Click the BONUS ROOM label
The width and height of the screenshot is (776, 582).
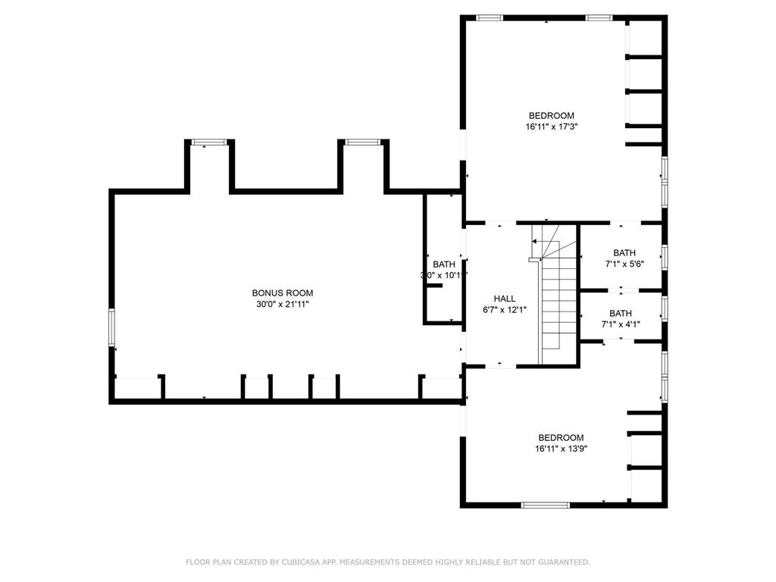click(282, 293)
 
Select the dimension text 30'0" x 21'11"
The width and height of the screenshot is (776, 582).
click(282, 304)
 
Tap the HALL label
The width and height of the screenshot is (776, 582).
click(505, 299)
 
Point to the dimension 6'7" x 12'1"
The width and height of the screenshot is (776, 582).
click(505, 309)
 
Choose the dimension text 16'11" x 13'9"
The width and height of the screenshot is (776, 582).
click(561, 449)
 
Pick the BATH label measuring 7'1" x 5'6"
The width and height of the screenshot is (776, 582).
click(624, 253)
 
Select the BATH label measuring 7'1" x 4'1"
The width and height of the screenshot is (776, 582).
click(620, 314)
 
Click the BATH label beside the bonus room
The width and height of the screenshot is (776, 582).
click(444, 264)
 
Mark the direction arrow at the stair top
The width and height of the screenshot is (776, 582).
click(535, 242)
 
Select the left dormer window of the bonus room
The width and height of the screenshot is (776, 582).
click(208, 142)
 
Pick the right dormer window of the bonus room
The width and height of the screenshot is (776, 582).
click(362, 142)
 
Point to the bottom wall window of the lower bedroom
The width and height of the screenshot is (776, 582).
click(546, 505)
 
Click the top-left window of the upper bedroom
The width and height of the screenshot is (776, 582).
click(490, 17)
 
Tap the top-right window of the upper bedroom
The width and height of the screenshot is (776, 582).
click(599, 17)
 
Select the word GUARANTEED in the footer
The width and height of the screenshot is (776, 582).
click(561, 562)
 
